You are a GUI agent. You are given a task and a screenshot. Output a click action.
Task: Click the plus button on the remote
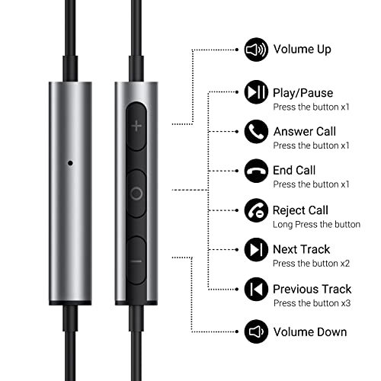(x=136, y=126)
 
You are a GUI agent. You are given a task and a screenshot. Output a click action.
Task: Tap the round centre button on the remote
(x=136, y=193)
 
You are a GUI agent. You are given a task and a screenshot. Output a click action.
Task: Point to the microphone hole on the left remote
(x=70, y=162)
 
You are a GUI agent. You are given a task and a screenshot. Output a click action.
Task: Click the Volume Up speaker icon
(x=255, y=51)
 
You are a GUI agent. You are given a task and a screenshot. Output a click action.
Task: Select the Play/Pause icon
(x=255, y=92)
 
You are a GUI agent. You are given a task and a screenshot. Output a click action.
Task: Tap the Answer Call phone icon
(x=255, y=131)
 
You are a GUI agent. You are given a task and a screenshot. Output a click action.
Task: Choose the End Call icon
(x=255, y=171)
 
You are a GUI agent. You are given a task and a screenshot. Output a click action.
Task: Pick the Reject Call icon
(x=255, y=210)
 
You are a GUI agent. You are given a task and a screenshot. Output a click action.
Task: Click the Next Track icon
(x=255, y=249)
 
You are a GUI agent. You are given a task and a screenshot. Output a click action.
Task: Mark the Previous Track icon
(x=255, y=289)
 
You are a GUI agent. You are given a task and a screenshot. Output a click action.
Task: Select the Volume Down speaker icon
(x=255, y=331)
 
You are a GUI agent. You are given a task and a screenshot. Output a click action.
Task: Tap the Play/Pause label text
(x=303, y=92)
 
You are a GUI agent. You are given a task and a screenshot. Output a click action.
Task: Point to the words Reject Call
(x=300, y=210)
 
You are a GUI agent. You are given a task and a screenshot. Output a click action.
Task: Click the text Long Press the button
(x=316, y=224)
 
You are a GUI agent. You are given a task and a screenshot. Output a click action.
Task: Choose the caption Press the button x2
(x=311, y=264)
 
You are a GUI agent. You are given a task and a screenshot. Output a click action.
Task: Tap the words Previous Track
(x=312, y=289)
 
